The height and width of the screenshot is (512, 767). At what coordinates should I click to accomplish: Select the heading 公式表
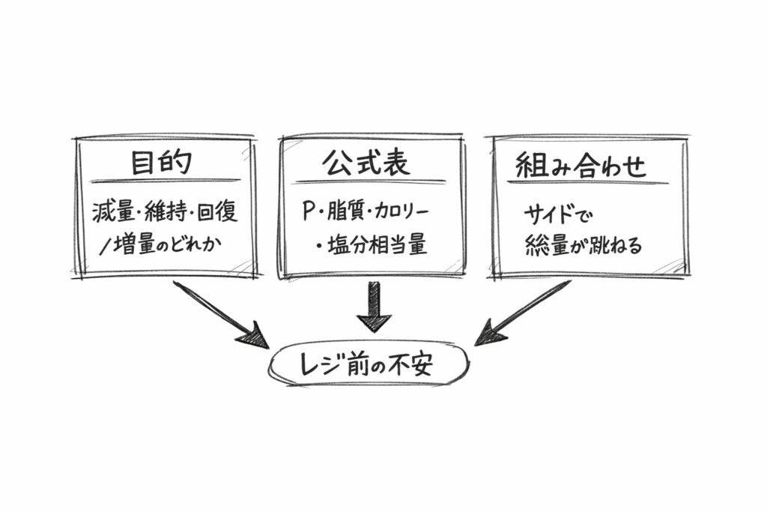366,163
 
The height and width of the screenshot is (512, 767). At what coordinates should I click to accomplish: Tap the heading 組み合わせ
580,165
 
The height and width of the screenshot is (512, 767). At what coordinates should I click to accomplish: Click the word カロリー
404,212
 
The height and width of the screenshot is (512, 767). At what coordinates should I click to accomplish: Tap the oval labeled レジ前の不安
368,365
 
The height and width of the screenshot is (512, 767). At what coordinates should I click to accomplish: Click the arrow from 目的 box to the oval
218,312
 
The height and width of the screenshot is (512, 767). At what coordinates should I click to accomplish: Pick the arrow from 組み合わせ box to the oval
524,312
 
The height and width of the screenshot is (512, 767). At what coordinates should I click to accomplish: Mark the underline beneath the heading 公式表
370,181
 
